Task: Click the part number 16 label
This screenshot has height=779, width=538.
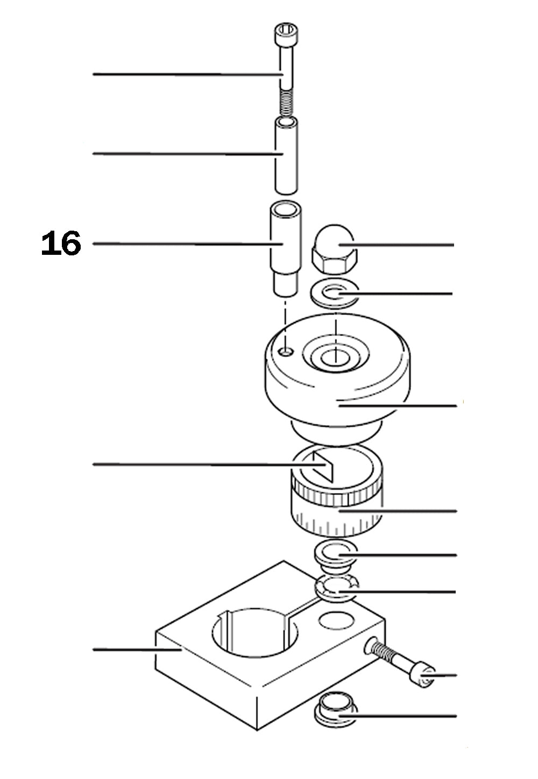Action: coord(61,244)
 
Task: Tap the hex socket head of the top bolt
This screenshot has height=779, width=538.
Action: coord(285,34)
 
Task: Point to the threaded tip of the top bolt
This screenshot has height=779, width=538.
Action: coord(286,103)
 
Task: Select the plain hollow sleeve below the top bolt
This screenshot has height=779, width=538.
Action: coord(286,156)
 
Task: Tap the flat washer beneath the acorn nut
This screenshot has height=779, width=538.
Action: coord(335,294)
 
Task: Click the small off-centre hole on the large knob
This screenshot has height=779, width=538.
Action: coord(287,351)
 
